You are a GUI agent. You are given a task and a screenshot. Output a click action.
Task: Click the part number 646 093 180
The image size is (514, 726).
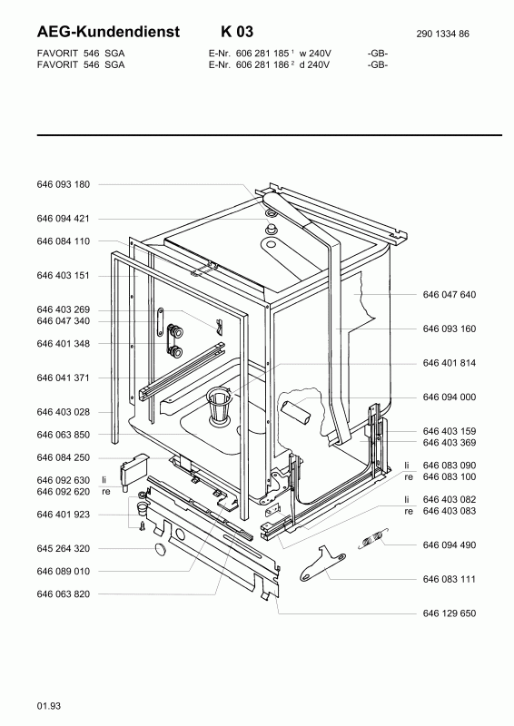pos(63,184)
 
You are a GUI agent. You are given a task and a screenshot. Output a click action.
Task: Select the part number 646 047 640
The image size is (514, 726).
pos(450,294)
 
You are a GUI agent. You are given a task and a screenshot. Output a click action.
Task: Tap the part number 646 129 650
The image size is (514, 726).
pos(450,613)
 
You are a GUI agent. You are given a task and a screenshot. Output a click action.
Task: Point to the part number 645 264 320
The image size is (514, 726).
pos(63,549)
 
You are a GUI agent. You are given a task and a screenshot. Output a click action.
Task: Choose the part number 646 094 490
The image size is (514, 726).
pos(450,545)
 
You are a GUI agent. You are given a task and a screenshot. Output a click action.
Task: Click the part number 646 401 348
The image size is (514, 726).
pos(63,344)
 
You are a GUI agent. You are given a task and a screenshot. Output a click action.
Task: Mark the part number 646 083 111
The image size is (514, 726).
pos(450,579)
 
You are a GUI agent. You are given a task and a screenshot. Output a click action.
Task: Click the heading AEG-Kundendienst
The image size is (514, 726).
pos(108,32)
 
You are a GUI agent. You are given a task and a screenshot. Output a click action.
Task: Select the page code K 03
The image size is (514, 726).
pos(237,32)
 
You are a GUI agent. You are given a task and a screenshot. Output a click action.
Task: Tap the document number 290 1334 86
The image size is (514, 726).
pos(442,34)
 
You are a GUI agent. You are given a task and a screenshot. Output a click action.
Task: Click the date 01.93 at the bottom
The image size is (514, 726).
pos(49,706)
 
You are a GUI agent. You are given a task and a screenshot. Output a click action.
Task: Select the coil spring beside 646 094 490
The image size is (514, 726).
pos(373,539)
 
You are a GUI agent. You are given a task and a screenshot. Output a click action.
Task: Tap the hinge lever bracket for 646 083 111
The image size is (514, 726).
pos(322,563)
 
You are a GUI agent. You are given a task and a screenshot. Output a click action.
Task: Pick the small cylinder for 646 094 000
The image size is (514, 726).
pos(296,412)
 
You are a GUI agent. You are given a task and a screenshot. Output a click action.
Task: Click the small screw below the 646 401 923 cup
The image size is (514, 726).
pos(143,526)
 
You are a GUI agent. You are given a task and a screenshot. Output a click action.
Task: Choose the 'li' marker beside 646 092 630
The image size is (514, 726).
pos(104,480)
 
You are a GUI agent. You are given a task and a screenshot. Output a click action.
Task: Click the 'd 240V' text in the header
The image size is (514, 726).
pos(314,64)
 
